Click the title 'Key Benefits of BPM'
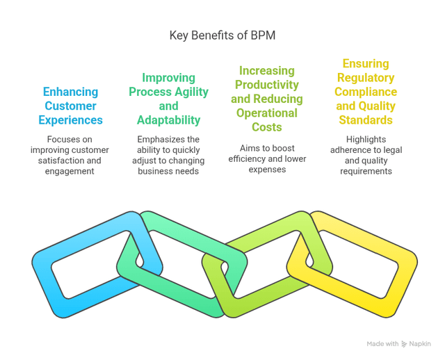[x=222, y=35]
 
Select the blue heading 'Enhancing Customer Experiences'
[x=70, y=106]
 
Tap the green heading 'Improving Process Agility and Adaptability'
[x=168, y=99]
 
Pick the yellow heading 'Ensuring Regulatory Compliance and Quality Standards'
[x=365, y=92]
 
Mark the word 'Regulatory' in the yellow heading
[x=365, y=77]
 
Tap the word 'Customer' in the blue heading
[x=70, y=106]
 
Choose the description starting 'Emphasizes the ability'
[x=168, y=155]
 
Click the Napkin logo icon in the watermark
[x=405, y=344]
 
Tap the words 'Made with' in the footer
[x=383, y=344]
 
